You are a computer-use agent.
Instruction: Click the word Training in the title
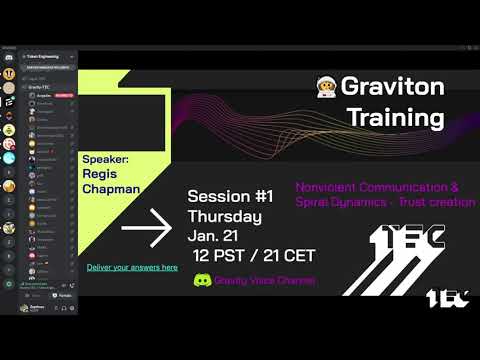[x=395, y=117]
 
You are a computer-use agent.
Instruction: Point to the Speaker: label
[x=105, y=158]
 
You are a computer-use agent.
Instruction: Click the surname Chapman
[x=111, y=188]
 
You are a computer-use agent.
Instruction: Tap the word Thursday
[x=225, y=217]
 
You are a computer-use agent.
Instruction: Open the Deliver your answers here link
[x=131, y=268]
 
